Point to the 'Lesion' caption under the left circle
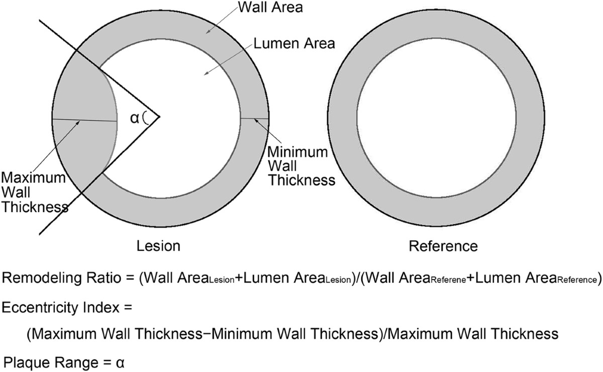(158, 246)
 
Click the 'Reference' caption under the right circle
(443, 246)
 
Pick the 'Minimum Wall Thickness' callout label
(297, 165)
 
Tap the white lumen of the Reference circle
(443, 117)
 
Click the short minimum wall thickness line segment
(254, 118)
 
